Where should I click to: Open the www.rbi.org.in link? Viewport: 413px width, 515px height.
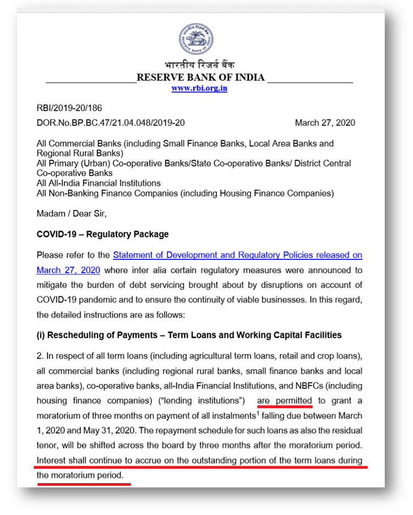[199, 88]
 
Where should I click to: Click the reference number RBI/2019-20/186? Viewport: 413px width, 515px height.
[69, 109]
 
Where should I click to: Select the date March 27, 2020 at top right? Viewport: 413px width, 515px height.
[325, 123]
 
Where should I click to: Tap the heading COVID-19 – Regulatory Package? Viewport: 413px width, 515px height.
[102, 234]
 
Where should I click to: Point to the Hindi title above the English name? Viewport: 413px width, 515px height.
[199, 66]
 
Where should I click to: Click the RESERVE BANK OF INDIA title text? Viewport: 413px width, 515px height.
[200, 77]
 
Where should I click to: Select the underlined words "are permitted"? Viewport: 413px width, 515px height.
[284, 400]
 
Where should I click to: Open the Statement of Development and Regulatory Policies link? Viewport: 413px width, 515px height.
[237, 256]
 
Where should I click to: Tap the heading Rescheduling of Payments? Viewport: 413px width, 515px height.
[189, 335]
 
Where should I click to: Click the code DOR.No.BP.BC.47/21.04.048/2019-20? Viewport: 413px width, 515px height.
[111, 123]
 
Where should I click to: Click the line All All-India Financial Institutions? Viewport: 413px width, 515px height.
[99, 183]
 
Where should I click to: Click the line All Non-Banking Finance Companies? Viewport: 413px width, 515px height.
[185, 193]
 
